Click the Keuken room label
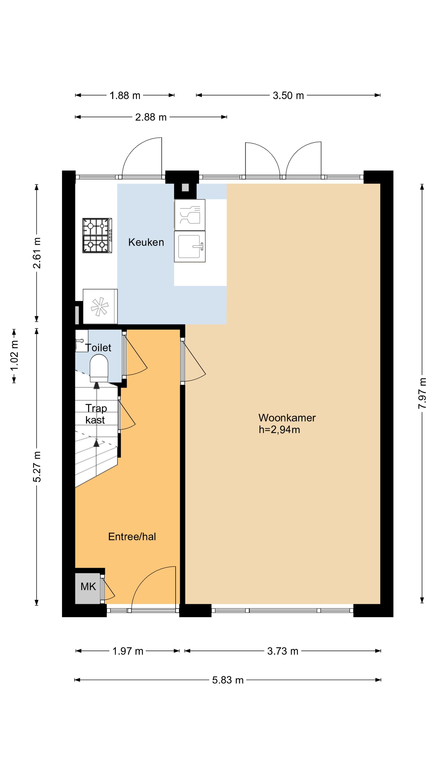pos(146,242)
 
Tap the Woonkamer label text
pos(287,418)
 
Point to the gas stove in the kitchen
pos(97,236)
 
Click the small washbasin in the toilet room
pos(81,341)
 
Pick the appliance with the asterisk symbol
pos(100,307)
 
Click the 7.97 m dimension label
pos(422,393)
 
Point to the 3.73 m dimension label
pos(283,651)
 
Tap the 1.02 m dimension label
pos(14,356)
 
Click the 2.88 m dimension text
pos(151,117)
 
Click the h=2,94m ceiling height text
pos(280,430)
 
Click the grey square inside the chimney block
pos(185,187)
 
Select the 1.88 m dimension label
pos(125,96)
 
